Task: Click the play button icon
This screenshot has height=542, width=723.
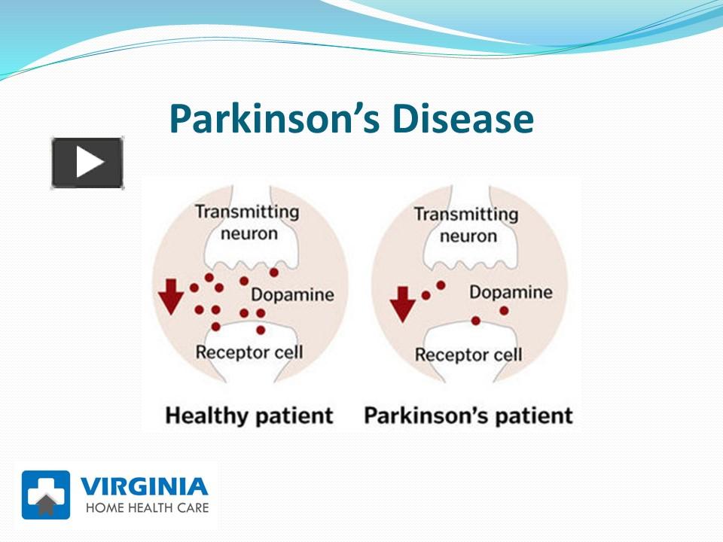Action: (x=87, y=163)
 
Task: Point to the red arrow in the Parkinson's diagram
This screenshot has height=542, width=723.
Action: (x=404, y=302)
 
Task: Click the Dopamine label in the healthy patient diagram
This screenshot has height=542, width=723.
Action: (x=292, y=294)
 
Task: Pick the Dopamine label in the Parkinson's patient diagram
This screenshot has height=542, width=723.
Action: (x=511, y=291)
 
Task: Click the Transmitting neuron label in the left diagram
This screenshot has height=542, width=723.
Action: (x=248, y=221)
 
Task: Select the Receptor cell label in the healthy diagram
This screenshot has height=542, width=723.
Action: (x=249, y=352)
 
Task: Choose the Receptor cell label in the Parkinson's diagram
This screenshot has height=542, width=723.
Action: (x=468, y=354)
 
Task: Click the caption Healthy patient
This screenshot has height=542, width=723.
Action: (x=249, y=415)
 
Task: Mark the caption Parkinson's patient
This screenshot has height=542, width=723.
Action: (x=468, y=416)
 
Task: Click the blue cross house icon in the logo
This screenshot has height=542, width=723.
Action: (x=46, y=495)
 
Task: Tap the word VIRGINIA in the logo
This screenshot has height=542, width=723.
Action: (x=144, y=486)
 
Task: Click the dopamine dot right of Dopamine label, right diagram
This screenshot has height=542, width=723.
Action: (x=504, y=310)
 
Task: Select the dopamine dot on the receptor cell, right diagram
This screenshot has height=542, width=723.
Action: (x=476, y=321)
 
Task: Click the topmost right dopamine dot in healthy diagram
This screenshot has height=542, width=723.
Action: (x=273, y=272)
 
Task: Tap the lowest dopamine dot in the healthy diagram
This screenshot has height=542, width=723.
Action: (x=261, y=330)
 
